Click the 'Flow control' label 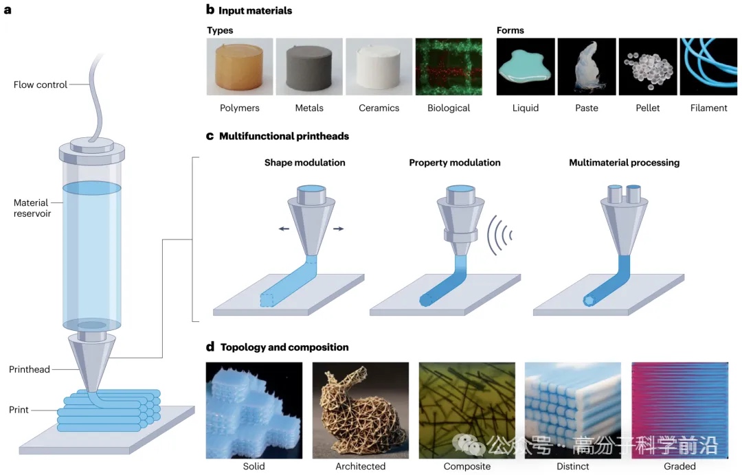click(41, 85)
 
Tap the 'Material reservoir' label click(32, 208)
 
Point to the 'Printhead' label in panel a click(30, 369)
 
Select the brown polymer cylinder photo click(240, 66)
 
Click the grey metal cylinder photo click(309, 66)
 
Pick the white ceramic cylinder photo click(379, 66)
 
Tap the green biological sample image click(449, 66)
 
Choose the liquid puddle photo click(526, 66)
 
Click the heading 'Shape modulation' click(304, 163)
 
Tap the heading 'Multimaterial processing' click(624, 163)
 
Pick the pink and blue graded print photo click(679, 410)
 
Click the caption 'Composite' click(467, 467)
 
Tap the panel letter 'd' click(210, 347)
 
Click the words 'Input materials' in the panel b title click(255, 10)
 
